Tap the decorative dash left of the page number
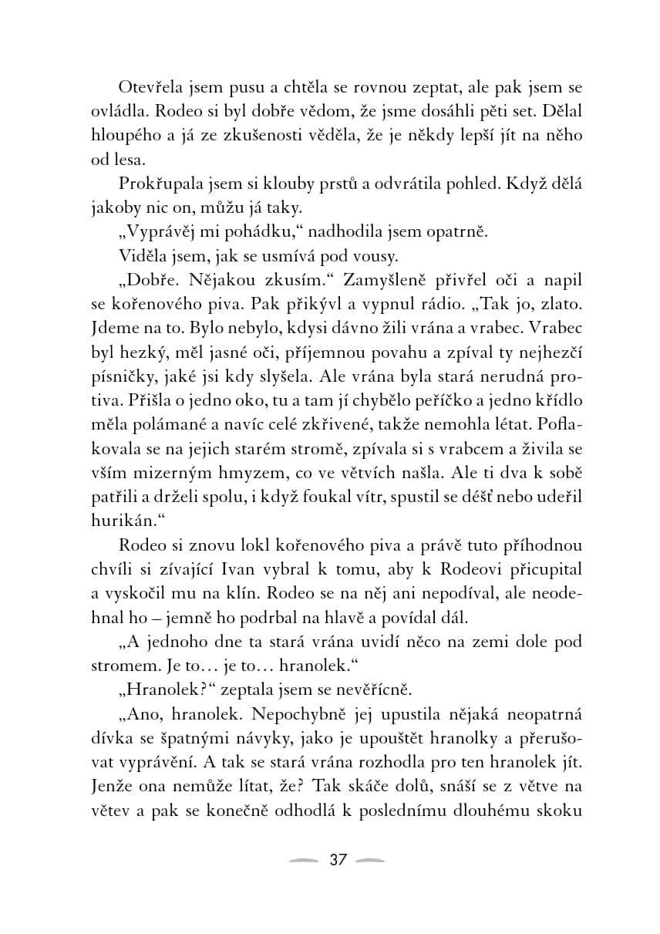301,860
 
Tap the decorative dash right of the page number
372,860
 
